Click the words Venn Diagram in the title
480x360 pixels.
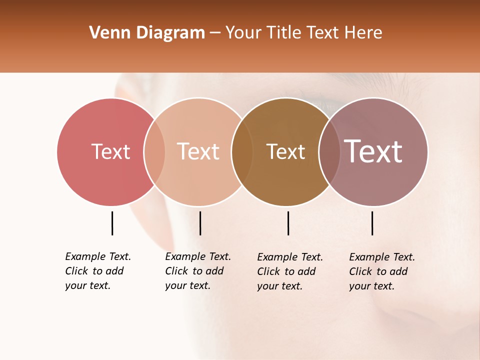tap(147, 33)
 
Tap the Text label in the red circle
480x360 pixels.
tap(110, 151)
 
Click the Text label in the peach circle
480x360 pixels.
tap(198, 151)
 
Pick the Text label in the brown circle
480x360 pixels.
tap(285, 151)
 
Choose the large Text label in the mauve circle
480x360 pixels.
tap(373, 151)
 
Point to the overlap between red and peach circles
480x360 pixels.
tap(154, 151)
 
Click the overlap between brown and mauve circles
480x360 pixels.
tap(329, 151)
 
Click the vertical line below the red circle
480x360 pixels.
tap(112, 223)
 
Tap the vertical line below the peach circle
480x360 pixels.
tap(200, 223)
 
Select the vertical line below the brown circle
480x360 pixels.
tap(288, 223)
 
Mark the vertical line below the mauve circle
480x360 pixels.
tap(372, 223)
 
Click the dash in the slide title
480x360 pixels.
tap(215, 33)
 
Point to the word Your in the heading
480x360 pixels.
tap(244, 33)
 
